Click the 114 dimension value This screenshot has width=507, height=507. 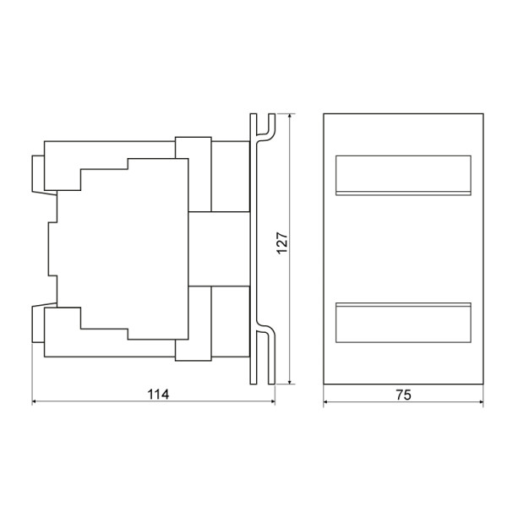(x=158, y=394)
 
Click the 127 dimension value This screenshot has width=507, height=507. (x=282, y=243)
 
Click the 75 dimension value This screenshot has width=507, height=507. (x=404, y=395)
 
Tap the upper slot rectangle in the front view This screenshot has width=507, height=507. (x=403, y=175)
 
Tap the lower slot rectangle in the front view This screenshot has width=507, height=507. (x=403, y=323)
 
